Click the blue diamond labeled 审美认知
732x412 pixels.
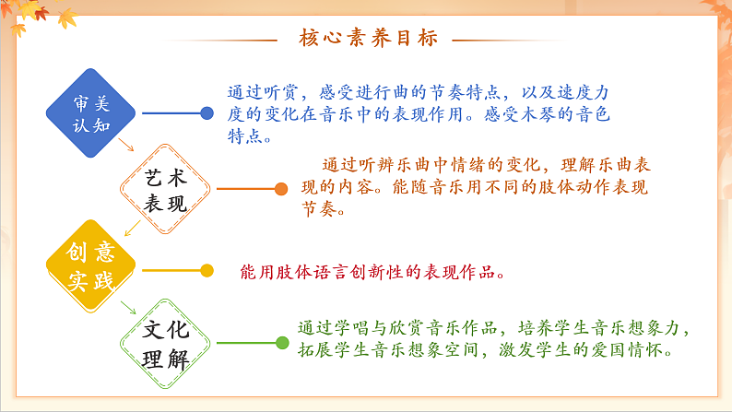91,113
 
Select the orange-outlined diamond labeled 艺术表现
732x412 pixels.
166,189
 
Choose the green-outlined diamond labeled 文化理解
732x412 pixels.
166,343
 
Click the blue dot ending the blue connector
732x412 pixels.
207,113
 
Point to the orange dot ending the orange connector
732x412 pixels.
281,189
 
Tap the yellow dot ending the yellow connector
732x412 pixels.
207,270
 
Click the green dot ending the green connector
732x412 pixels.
282,343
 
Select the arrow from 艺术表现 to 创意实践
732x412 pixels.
131,228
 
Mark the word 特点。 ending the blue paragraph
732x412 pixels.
249,137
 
